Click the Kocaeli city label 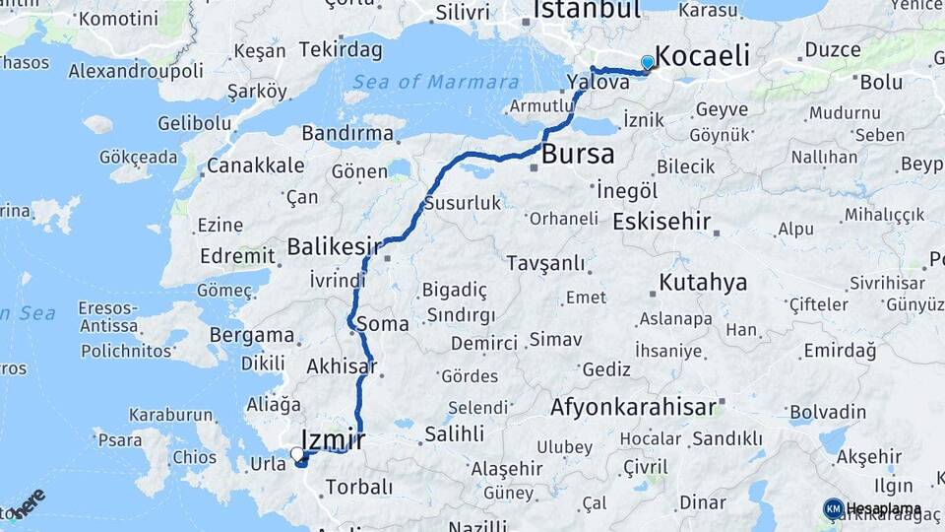coord(701,55)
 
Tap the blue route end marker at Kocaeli coord(647,64)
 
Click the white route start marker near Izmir coord(297,454)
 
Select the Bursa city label coord(578,154)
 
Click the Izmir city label coord(333,439)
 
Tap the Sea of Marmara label coord(435,82)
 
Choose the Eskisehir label coord(661,221)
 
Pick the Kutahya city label coord(703,283)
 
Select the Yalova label coord(598,83)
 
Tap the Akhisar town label coord(342,366)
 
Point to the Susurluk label coord(463,204)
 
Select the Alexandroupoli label coord(136,71)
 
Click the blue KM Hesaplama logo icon coord(833,508)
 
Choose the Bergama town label coord(251,335)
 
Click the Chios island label coord(194,457)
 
